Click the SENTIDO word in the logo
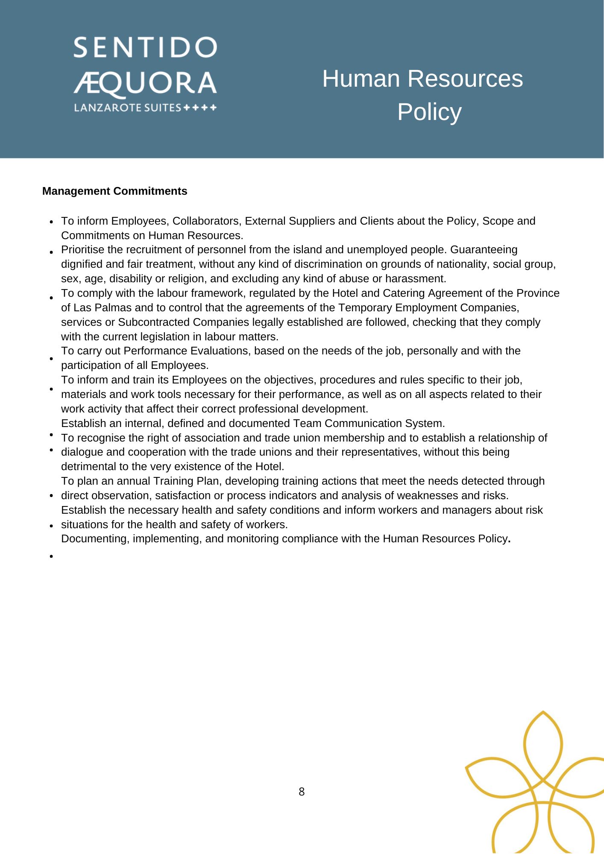tap(145, 47)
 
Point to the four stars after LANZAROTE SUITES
tap(200, 108)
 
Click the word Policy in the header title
tap(429, 112)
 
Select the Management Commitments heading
tap(114, 191)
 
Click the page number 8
tap(302, 792)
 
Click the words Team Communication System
tap(369, 424)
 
